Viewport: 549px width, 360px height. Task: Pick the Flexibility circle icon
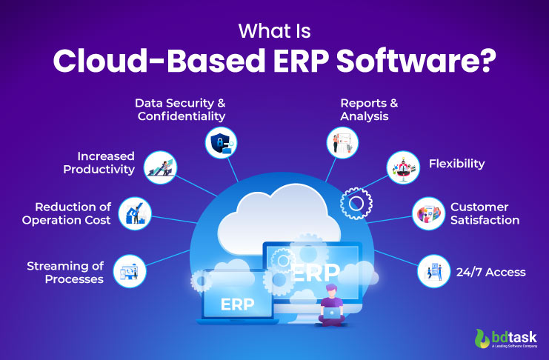404,167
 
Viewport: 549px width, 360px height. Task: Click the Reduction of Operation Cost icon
134,212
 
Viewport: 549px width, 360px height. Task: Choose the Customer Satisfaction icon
430,213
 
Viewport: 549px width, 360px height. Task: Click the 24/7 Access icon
433,271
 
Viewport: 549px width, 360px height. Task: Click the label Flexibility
456,163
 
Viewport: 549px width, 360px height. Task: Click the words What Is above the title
274,30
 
